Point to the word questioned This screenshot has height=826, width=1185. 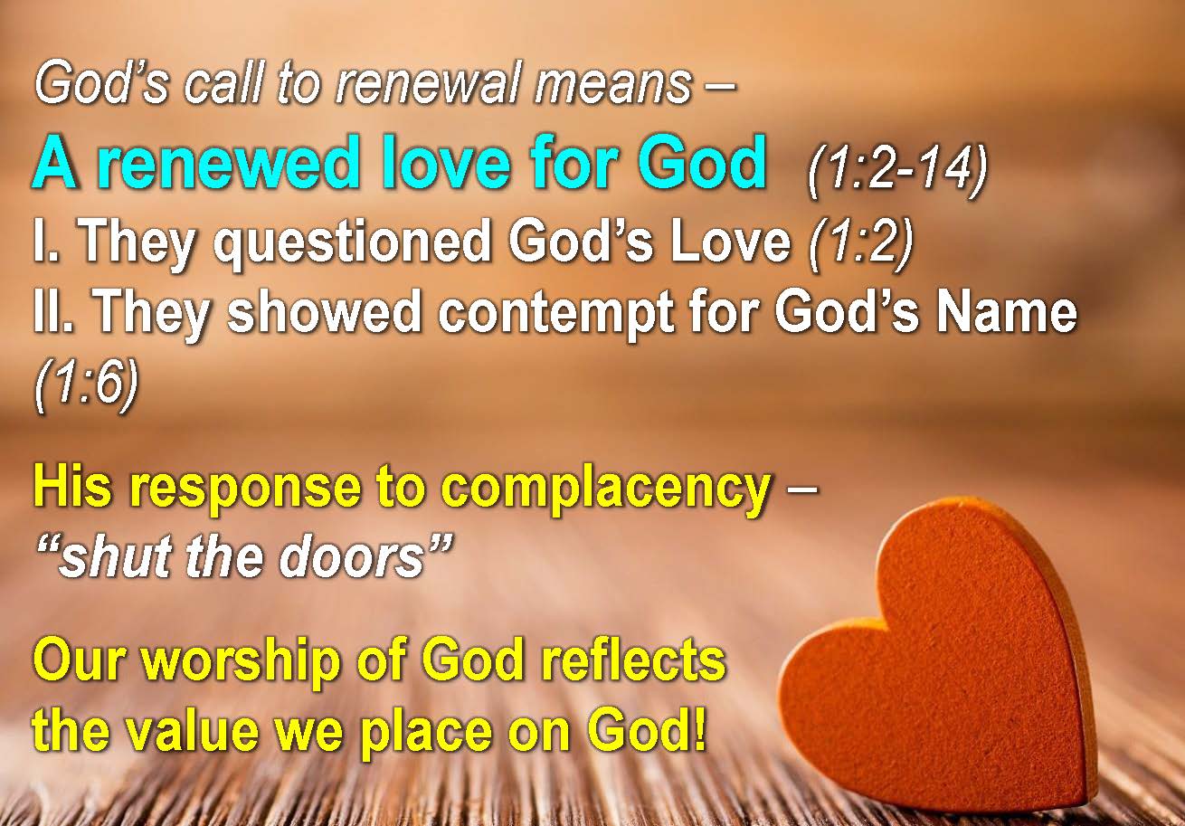tap(352, 242)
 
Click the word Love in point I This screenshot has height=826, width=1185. tap(730, 241)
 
